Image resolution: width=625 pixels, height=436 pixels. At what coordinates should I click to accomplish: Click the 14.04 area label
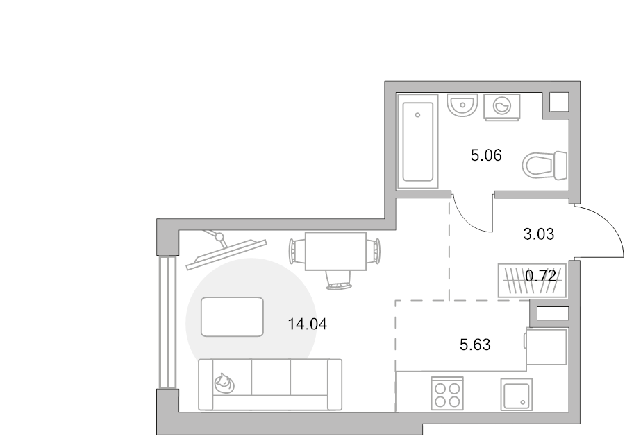[x=308, y=324]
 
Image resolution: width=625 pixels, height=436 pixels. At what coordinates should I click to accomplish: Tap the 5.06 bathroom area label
[x=486, y=155]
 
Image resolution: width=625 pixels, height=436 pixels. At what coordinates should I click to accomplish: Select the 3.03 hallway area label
[x=538, y=234]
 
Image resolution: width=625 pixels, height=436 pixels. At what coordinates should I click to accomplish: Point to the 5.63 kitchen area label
[x=475, y=345]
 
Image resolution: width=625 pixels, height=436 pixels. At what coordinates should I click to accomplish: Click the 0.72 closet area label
[x=540, y=275]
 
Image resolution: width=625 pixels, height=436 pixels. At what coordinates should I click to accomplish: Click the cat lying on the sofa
[x=224, y=383]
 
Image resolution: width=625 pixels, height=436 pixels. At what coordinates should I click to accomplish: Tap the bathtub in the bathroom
[x=418, y=141]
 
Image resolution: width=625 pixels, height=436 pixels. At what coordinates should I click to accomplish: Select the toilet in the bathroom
[x=544, y=165]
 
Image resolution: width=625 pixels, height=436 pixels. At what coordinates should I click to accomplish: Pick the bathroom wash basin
[x=462, y=105]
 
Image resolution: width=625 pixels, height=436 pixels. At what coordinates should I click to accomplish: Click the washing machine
[x=502, y=107]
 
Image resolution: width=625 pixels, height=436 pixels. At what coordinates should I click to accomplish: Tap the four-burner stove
[x=447, y=394]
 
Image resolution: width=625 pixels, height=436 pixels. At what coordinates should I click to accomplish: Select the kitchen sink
[x=516, y=394]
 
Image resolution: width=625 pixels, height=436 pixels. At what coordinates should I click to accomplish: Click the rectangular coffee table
[x=232, y=317]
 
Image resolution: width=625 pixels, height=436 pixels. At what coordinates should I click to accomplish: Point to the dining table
[x=335, y=252]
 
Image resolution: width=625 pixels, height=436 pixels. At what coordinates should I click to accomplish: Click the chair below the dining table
[x=339, y=279]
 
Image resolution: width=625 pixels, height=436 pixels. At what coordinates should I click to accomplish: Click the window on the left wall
[x=167, y=322]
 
